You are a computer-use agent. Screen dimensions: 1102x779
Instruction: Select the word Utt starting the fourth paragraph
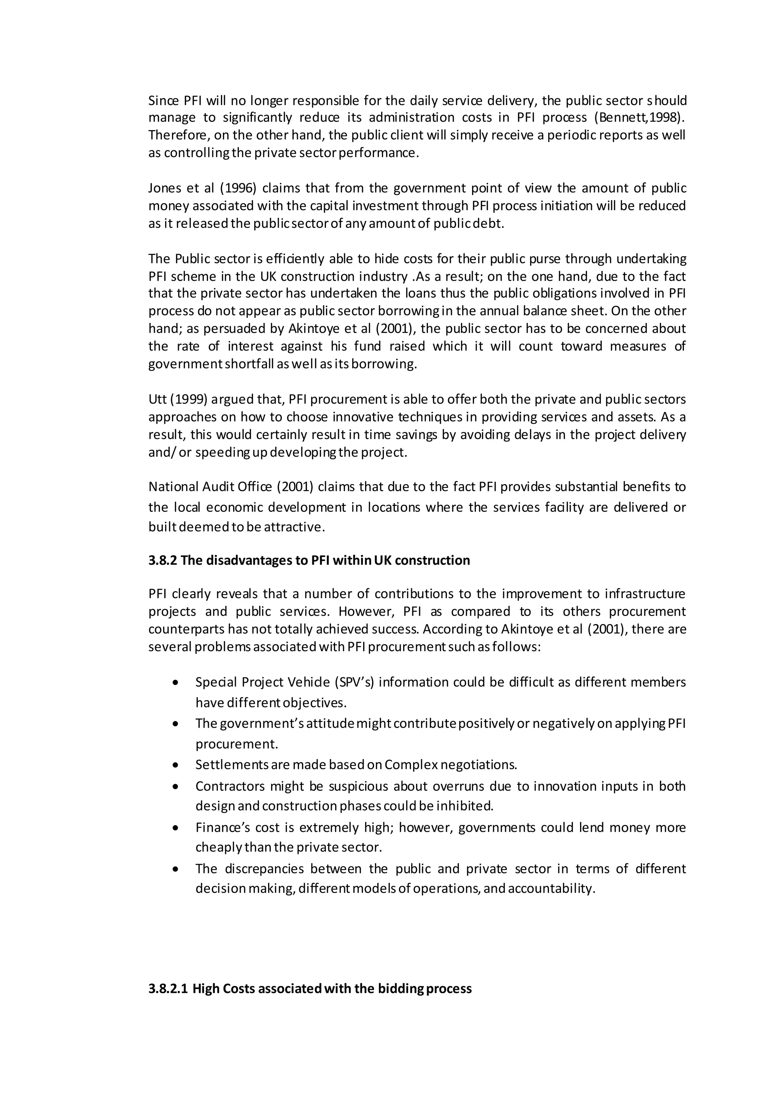(x=157, y=399)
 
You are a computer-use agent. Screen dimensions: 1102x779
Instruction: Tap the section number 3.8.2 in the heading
(x=163, y=561)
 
